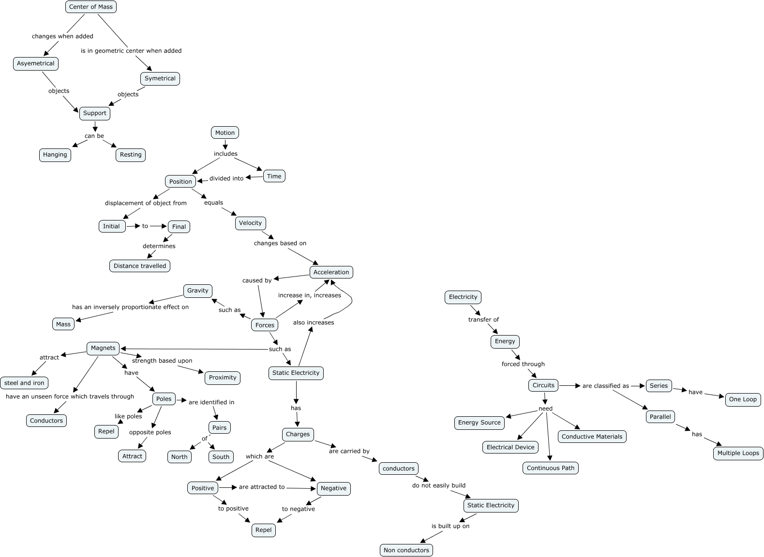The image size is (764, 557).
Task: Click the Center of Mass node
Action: tap(91, 7)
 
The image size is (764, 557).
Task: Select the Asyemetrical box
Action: tap(36, 63)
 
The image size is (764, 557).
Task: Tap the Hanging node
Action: tap(55, 155)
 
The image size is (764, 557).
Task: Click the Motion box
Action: tap(225, 132)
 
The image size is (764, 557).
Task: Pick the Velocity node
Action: tap(250, 223)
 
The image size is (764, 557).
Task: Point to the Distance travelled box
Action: tap(140, 266)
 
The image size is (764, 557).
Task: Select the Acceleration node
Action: tap(331, 272)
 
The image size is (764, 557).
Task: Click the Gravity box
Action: tap(197, 291)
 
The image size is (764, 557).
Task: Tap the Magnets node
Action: tap(103, 348)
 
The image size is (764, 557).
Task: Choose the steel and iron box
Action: tap(24, 383)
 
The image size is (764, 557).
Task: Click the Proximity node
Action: tap(223, 378)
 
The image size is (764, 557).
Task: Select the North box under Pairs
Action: tap(180, 457)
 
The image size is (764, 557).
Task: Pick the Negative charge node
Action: tap(333, 488)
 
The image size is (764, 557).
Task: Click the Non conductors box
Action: tap(406, 550)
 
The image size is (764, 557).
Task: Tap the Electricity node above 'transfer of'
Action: tap(463, 297)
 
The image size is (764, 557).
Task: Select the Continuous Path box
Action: tap(551, 468)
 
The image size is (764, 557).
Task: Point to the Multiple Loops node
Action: tap(738, 453)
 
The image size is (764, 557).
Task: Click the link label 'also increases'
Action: tap(314, 322)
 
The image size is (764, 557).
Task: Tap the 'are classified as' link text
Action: tap(606, 386)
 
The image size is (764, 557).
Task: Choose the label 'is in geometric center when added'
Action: tap(131, 51)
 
